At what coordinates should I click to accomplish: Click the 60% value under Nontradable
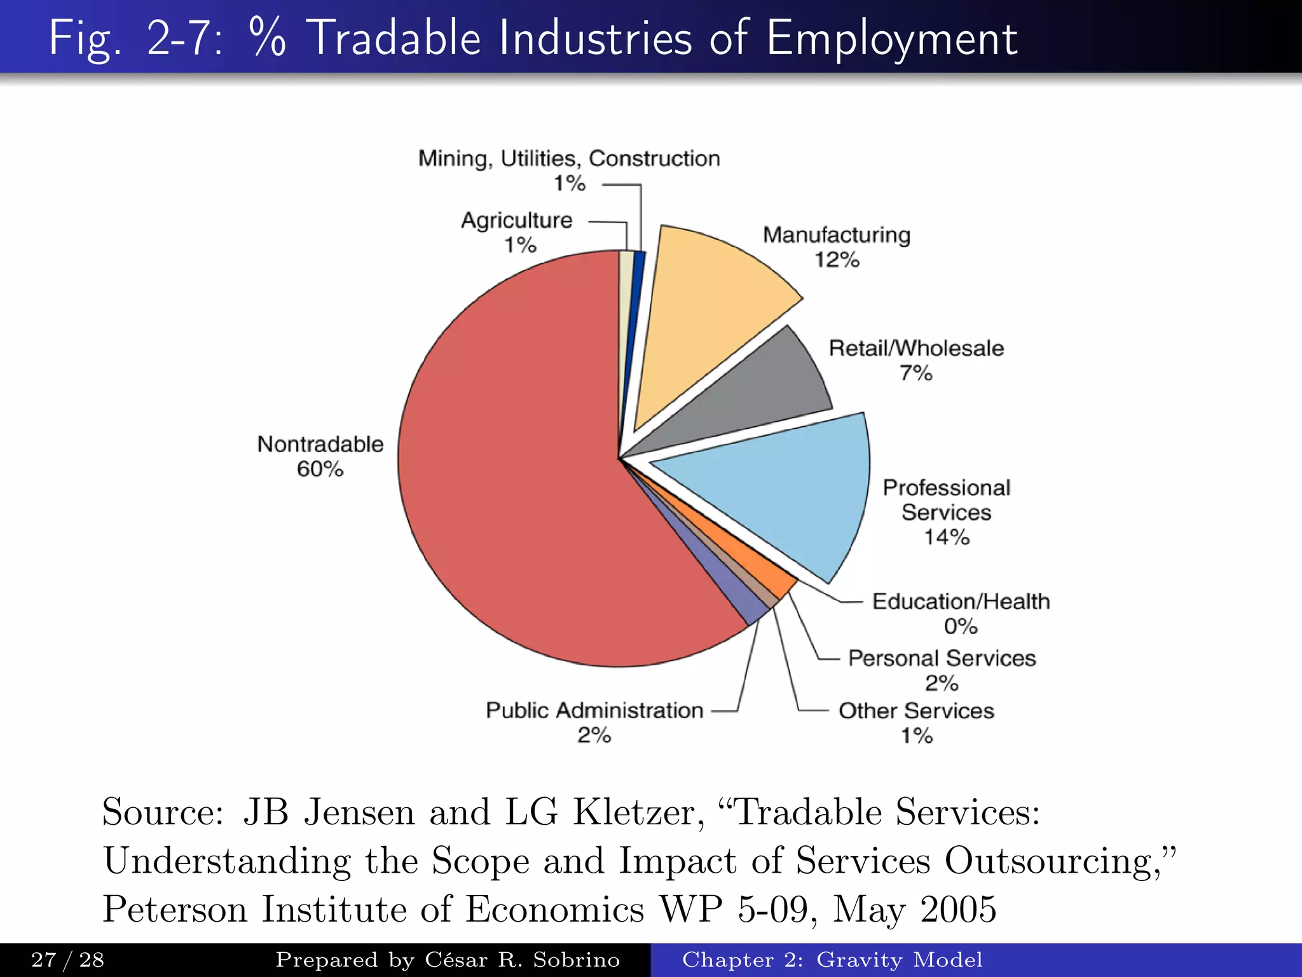tap(320, 469)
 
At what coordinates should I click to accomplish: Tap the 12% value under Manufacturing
tap(837, 260)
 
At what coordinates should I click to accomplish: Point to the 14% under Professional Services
tap(947, 537)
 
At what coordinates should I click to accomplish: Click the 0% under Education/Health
tap(961, 627)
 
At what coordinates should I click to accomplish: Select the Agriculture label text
tap(516, 220)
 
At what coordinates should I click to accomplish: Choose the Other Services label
tap(916, 710)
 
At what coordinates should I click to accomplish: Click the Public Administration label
tap(594, 710)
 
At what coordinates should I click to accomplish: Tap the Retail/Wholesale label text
tap(916, 349)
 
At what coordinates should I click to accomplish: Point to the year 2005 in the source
tap(958, 909)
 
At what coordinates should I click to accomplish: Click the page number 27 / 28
tap(67, 960)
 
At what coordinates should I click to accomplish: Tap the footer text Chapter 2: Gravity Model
tap(832, 960)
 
